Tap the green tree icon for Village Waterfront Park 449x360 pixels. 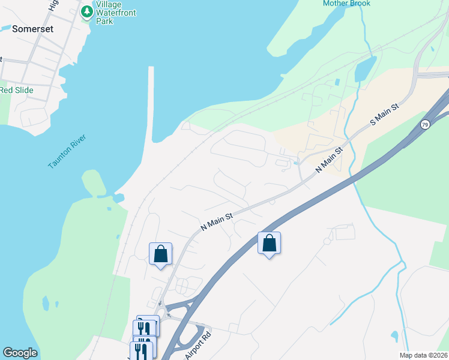pyautogui.click(x=87, y=11)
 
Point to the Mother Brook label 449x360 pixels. pyautogui.click(x=346, y=4)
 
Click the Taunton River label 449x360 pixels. pyautogui.click(x=67, y=152)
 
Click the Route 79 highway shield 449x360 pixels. pyautogui.click(x=425, y=124)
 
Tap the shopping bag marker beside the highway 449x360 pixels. pyautogui.click(x=270, y=244)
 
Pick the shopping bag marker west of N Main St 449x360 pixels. pyautogui.click(x=160, y=254)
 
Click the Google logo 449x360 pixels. pyautogui.click(x=20, y=353)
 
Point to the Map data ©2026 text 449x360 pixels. pyautogui.click(x=423, y=355)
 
